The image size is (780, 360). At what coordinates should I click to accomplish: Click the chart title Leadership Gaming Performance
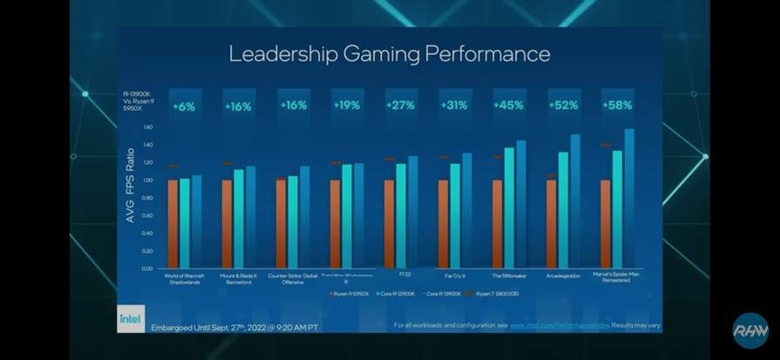pos(390,54)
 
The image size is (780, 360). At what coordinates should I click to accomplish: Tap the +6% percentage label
pos(184,105)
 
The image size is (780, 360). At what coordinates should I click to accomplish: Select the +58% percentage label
pos(617,105)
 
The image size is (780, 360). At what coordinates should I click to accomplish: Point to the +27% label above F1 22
pos(400,105)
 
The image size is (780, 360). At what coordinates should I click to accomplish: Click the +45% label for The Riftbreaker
pos(508,105)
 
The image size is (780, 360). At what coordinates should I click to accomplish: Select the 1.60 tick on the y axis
pos(146,126)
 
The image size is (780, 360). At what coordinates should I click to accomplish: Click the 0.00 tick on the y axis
pos(146,268)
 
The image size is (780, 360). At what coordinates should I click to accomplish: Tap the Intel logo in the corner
pos(130,320)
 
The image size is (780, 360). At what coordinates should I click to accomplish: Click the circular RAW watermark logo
pos(749,329)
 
